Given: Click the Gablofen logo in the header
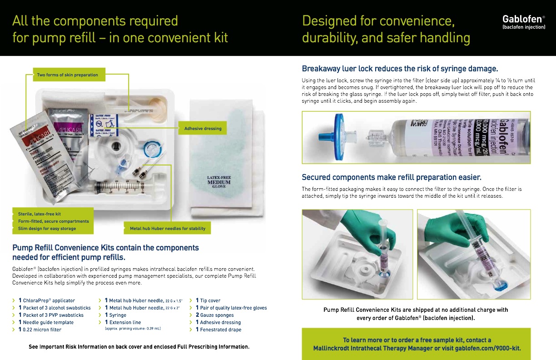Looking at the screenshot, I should [x=523, y=21].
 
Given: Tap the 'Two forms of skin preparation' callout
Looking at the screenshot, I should [x=67, y=75].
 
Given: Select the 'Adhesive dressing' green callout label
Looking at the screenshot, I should [x=203, y=129].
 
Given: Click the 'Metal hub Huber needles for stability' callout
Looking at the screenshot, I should [x=167, y=229].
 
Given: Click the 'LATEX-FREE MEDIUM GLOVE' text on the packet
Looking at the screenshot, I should [x=219, y=182].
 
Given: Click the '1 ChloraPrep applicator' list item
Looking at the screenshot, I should [x=46, y=300].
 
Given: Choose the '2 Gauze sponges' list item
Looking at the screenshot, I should [x=214, y=315].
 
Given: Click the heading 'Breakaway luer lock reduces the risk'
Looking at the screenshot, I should [x=400, y=69].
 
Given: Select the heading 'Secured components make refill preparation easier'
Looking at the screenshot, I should [x=392, y=177].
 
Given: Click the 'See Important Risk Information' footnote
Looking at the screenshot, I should [x=139, y=347].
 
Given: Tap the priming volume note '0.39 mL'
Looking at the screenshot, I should [x=133, y=328].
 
